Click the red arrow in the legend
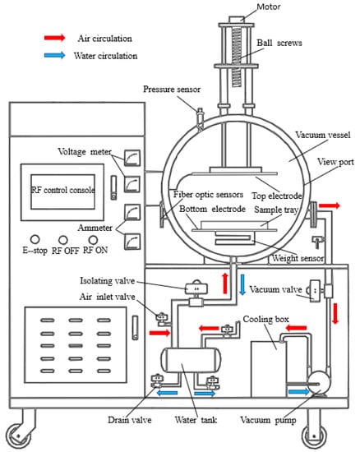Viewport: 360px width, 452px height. coord(54,38)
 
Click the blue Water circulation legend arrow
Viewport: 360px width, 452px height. coord(54,55)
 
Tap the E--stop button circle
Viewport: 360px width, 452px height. coord(35,239)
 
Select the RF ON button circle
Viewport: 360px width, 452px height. coord(93,239)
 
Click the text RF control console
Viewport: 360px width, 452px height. coord(62,191)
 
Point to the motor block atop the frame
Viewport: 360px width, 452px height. coord(237,20)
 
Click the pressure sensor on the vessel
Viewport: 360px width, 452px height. coord(200,118)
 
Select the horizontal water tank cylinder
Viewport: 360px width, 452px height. coord(191,360)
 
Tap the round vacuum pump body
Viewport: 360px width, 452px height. coord(318,383)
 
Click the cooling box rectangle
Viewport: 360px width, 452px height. coord(268,369)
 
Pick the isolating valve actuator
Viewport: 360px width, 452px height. coord(196,288)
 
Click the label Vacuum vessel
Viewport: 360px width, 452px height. coord(323,135)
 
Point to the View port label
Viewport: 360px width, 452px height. coord(335,162)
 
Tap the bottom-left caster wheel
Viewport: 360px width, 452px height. coord(18,436)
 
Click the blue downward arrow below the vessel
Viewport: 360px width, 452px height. coord(242,284)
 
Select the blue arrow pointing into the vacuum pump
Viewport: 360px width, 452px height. coord(298,391)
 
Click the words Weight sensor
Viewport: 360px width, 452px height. coord(298,258)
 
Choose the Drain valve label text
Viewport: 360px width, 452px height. coord(129,420)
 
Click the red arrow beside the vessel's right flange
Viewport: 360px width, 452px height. coord(330,205)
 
